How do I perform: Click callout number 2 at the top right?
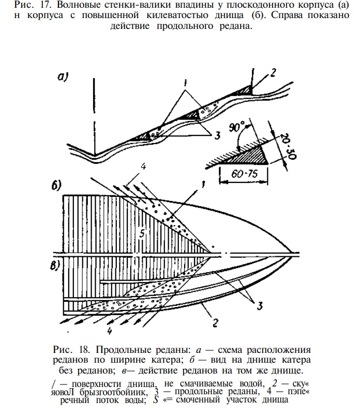coord(273,73)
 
